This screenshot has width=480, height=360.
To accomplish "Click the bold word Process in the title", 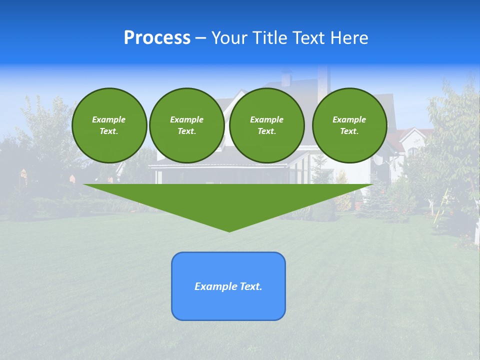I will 157,38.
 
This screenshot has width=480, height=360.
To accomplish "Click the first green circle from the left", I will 109,125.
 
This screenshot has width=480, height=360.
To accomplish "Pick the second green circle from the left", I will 187,125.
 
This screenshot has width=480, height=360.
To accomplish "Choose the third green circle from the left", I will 266,125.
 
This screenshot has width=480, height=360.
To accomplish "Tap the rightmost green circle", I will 349,125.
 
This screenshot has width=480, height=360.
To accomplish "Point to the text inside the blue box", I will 228,286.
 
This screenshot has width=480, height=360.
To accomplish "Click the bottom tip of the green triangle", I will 229,230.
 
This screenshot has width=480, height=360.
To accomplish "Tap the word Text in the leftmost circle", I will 108,131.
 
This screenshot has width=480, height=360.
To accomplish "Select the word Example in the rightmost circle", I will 349,119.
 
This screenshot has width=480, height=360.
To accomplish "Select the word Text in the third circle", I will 266,131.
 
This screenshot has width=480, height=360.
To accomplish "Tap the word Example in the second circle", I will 187,119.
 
